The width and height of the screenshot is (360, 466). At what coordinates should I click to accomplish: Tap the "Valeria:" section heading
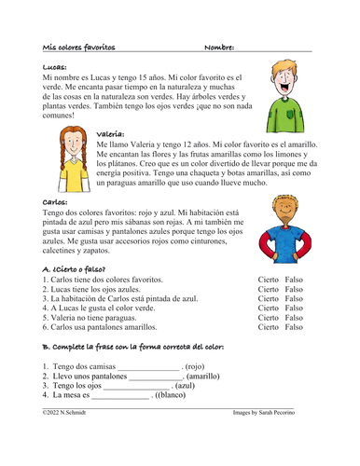[111, 135]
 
